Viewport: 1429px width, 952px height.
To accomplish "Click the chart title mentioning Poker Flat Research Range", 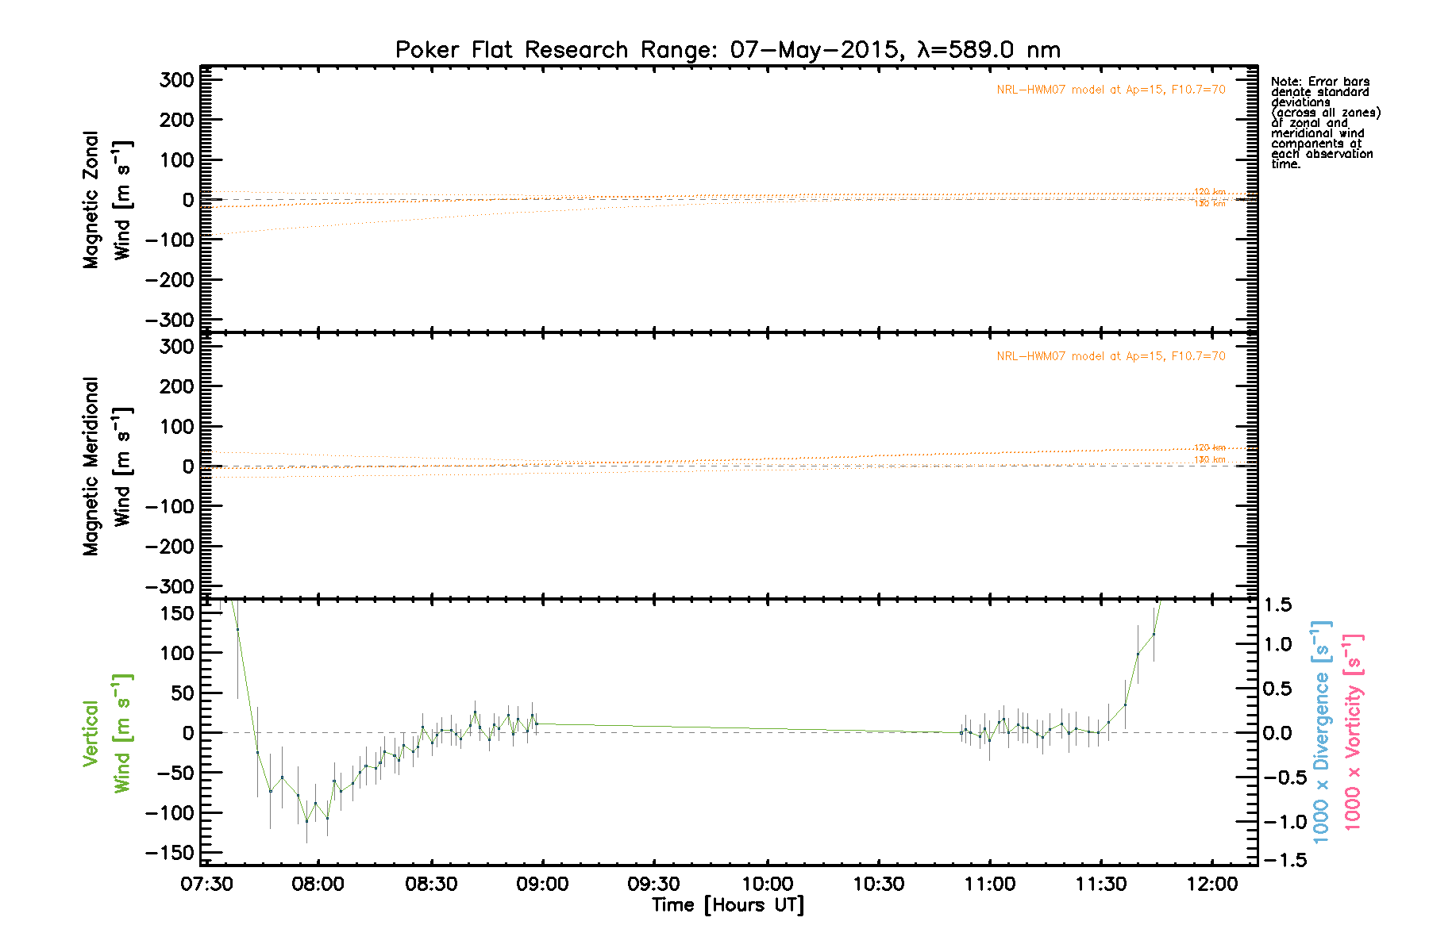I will [727, 50].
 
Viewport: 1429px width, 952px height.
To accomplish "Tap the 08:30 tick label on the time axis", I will [431, 884].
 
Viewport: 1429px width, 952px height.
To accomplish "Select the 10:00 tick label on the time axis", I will [767, 884].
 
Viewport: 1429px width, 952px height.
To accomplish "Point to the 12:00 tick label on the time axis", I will [1212, 884].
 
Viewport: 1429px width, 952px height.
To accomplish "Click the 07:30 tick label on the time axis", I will [206, 884].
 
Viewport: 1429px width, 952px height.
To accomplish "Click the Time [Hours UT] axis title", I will [727, 905].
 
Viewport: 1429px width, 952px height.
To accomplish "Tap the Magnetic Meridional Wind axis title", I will [107, 466].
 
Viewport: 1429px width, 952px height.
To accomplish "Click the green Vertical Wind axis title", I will [107, 733].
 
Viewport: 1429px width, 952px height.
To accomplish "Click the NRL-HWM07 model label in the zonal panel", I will [1111, 90].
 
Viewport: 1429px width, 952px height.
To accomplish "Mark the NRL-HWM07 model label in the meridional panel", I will [1111, 356].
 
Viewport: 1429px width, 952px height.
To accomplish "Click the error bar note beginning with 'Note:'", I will [1324, 123].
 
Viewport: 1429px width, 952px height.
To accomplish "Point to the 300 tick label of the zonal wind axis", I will [176, 80].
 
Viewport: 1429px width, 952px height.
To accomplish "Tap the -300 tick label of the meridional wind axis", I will [170, 587].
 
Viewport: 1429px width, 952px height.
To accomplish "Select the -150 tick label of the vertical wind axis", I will [170, 853].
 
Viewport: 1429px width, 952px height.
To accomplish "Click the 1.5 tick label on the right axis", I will [1277, 605].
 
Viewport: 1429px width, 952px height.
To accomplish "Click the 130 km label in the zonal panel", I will [1210, 204].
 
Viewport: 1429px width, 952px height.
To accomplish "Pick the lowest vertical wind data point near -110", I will [306, 821].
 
